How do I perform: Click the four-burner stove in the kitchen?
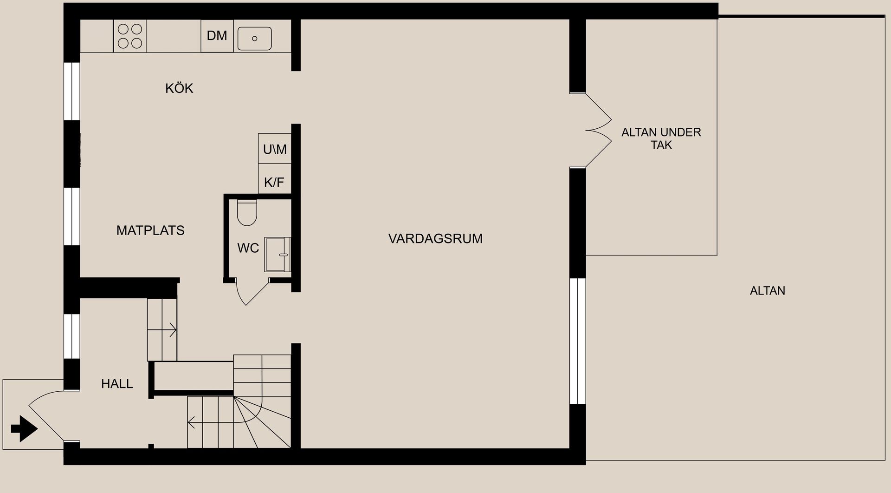point(130,36)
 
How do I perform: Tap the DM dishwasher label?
point(217,36)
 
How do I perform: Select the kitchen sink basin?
point(254,38)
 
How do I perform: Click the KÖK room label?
point(179,88)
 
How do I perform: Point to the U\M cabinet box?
point(275,149)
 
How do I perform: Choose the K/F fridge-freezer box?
point(274,182)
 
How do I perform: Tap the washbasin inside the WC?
point(278,255)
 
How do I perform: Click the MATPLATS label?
point(150,230)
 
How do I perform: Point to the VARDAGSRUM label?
point(435,239)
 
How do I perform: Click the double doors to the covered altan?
point(598,131)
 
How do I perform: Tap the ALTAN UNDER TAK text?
point(661,138)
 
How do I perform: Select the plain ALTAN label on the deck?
point(767,291)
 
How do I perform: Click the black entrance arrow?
point(24,428)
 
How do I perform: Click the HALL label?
point(117,384)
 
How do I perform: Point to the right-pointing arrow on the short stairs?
point(169,330)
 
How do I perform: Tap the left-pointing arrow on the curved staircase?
point(195,423)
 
